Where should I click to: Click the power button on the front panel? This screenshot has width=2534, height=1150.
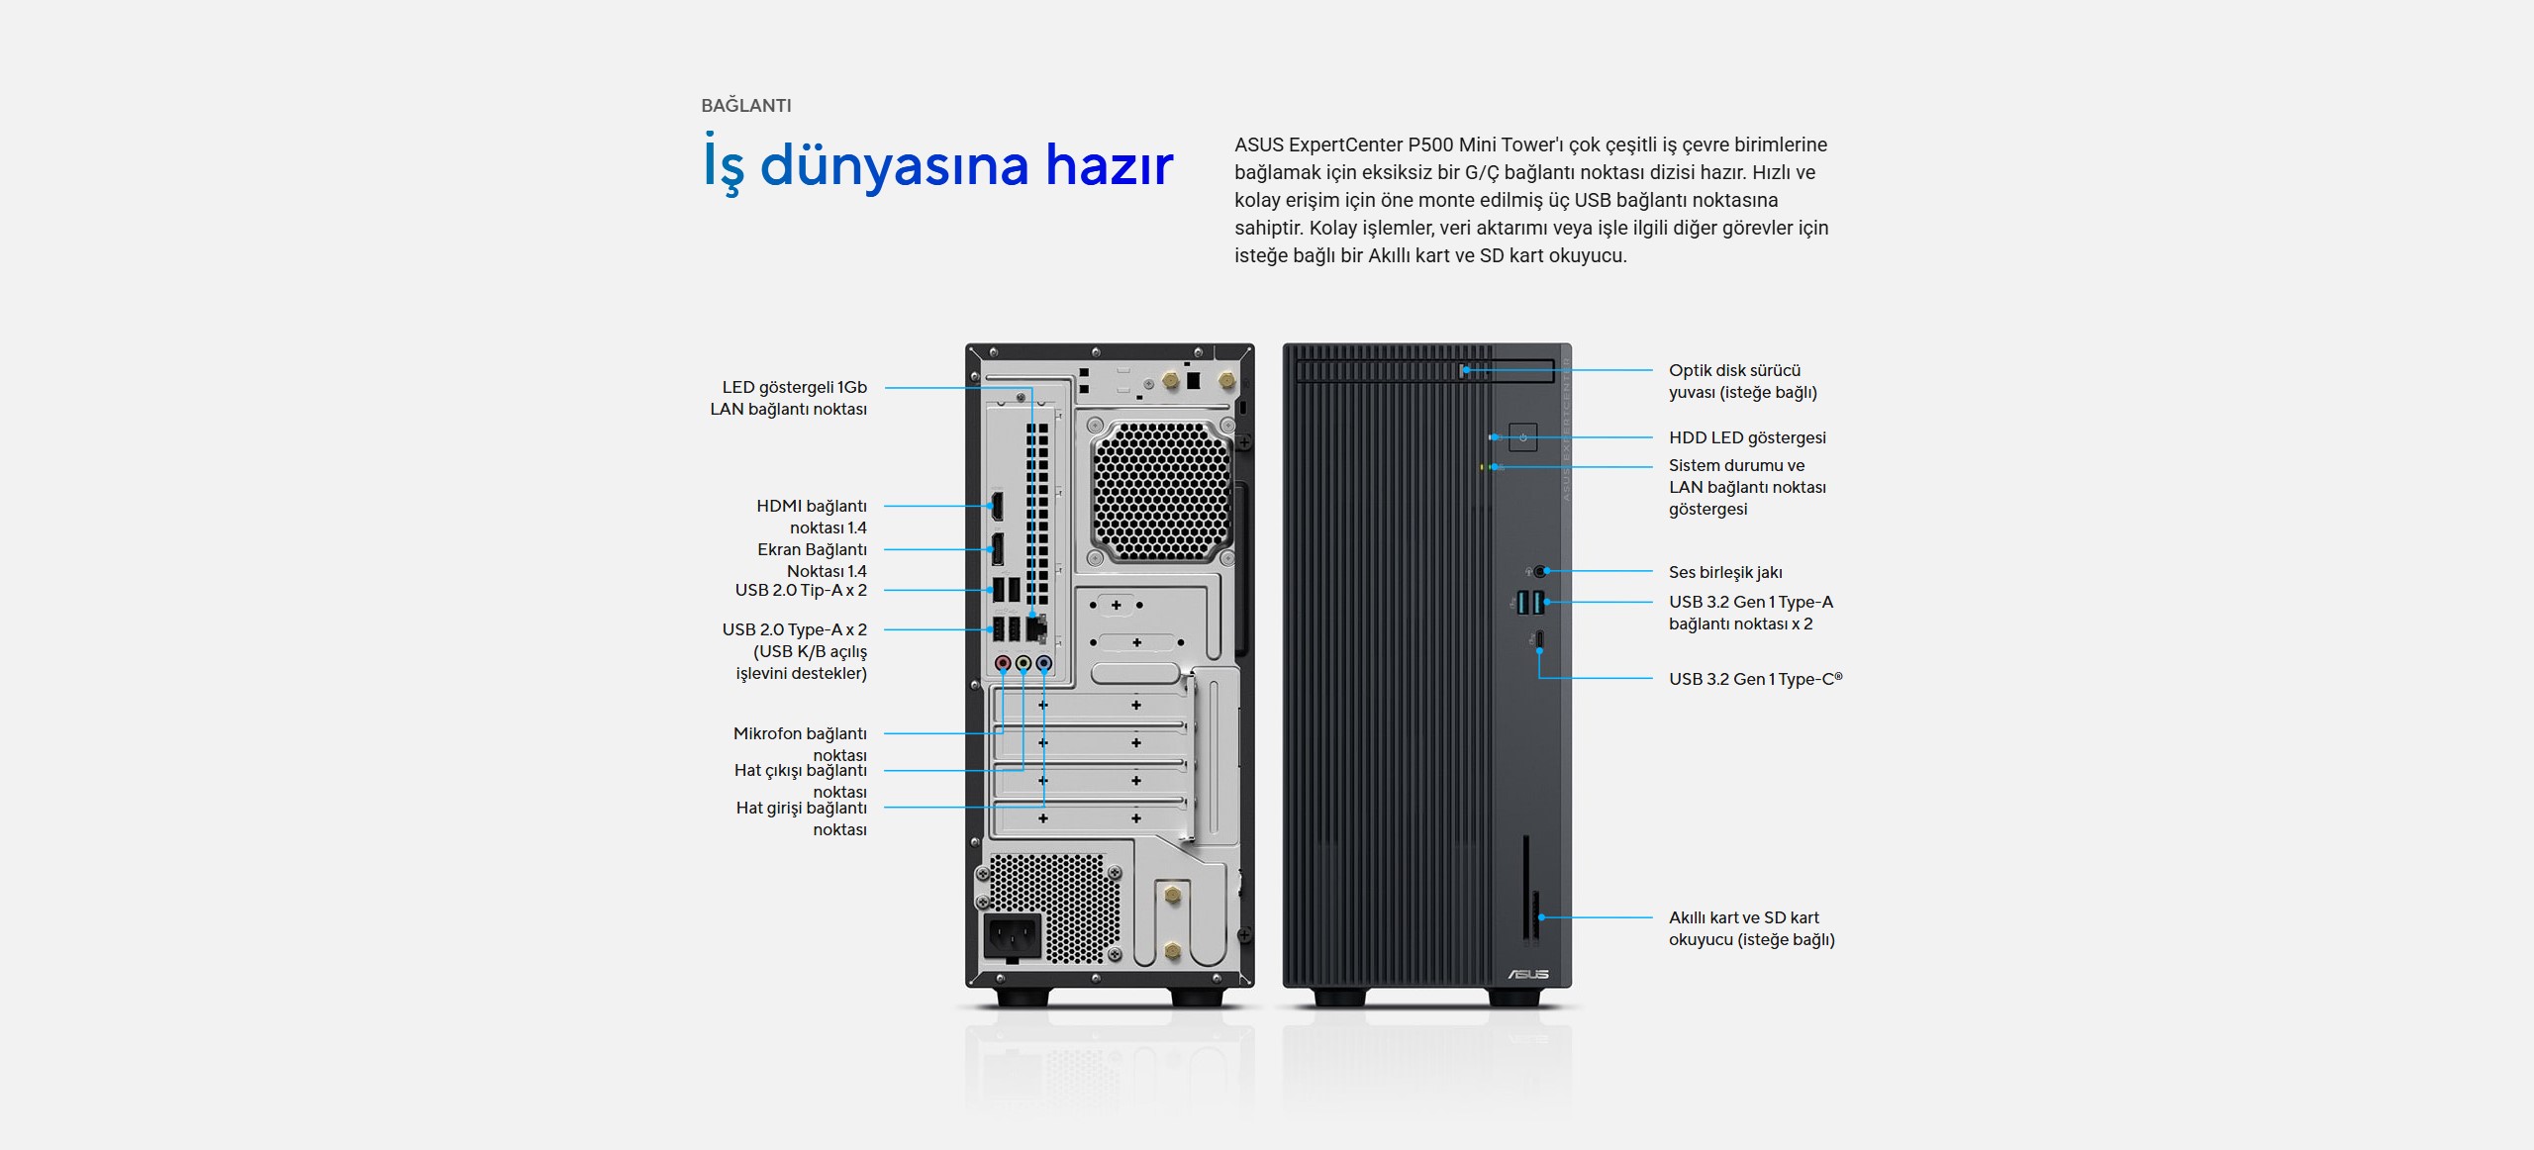tap(1522, 436)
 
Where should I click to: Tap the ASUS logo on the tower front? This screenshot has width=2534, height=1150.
tap(1528, 975)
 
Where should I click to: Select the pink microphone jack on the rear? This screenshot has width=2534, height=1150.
tap(1003, 663)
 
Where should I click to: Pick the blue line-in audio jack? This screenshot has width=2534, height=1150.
tap(1043, 663)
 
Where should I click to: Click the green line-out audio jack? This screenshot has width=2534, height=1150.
tap(1023, 663)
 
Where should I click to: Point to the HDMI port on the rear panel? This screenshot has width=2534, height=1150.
tap(997, 506)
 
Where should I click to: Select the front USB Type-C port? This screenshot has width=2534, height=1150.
tap(1539, 641)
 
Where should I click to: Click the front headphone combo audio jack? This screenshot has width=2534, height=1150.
tap(1540, 571)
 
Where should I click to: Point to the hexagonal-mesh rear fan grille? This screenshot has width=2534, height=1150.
tap(1161, 492)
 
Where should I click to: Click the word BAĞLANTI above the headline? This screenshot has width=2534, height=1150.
tap(746, 105)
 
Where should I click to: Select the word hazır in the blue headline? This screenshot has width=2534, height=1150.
tap(1110, 164)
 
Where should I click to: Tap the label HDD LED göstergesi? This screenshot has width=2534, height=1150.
tap(1747, 437)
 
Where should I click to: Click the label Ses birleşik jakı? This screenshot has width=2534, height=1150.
tap(1725, 572)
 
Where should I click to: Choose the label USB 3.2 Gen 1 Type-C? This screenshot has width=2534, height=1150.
tap(1755, 679)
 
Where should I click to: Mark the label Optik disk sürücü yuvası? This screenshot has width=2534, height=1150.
tap(1743, 381)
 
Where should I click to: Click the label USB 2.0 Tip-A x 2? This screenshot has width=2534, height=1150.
tap(801, 590)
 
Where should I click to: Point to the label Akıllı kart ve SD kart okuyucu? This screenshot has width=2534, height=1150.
tap(1752, 928)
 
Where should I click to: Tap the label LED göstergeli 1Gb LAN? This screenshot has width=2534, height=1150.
tap(788, 398)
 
